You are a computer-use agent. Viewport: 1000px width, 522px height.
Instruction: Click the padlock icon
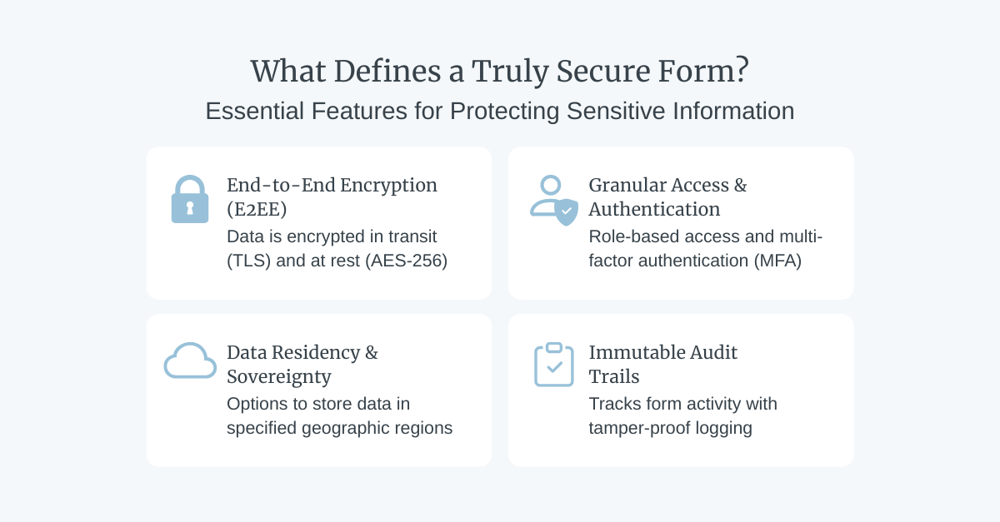click(189, 200)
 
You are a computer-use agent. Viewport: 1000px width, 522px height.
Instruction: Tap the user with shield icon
click(554, 201)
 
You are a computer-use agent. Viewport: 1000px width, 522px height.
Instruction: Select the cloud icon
click(190, 360)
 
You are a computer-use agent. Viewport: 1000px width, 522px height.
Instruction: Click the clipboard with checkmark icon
click(553, 365)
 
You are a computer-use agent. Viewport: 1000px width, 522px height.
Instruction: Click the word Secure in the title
click(593, 72)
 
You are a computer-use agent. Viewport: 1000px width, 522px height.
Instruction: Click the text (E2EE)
click(257, 209)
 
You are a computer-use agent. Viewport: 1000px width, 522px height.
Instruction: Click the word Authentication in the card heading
click(654, 209)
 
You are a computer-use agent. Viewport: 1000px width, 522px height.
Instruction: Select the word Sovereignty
click(278, 376)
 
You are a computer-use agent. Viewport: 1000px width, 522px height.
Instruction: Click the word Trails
click(614, 376)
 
